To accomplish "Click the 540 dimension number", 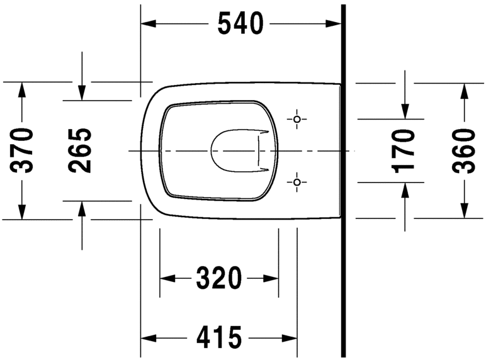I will coord(239,24).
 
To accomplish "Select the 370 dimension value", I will coord(23,150).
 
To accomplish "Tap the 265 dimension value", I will coord(80,150).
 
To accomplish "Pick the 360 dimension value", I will coord(464,150).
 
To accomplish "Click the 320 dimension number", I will coord(218,278).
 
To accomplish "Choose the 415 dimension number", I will coord(218,338).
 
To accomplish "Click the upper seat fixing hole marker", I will coord(297,119).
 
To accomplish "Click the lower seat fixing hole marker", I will coord(297,183).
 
